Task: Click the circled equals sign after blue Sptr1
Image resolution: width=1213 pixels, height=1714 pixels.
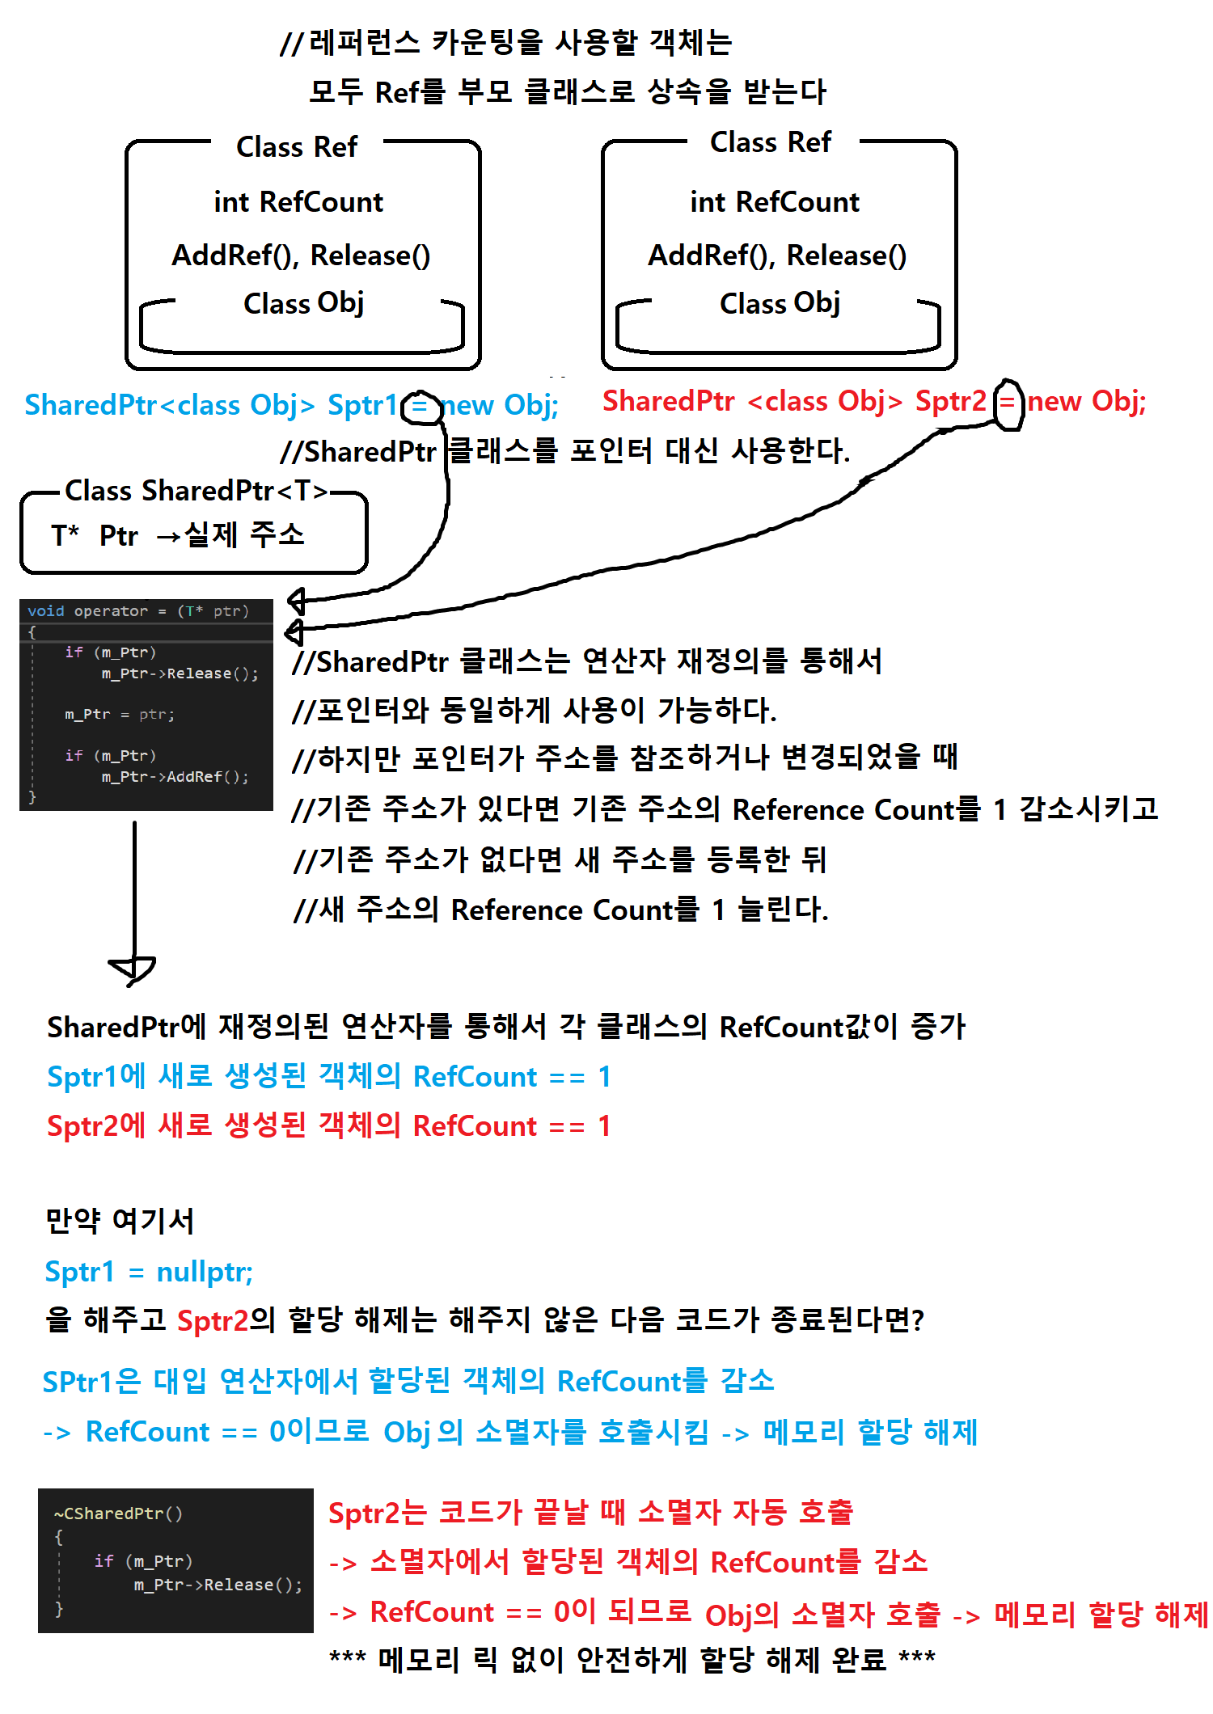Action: [420, 405]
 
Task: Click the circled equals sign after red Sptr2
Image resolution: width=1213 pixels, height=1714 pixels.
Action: [1008, 402]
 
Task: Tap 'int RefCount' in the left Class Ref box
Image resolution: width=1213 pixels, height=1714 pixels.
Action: [298, 202]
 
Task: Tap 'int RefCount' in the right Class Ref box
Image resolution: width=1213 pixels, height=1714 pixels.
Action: [775, 202]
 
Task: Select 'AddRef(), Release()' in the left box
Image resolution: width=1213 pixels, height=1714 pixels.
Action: [301, 255]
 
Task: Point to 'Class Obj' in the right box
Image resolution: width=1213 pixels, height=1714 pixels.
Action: [780, 303]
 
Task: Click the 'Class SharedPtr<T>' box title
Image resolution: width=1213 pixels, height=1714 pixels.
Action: [197, 491]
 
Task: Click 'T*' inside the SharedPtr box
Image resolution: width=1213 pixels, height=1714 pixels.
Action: [65, 535]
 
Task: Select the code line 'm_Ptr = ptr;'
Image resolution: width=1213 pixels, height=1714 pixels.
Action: [120, 715]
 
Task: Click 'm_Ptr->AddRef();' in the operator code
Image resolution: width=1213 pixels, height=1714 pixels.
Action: [175, 777]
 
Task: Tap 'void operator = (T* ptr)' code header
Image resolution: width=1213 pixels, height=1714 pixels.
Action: [137, 611]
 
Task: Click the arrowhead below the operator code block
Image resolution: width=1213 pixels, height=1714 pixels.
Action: [133, 969]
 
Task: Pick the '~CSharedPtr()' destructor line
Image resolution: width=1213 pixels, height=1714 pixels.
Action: [118, 1513]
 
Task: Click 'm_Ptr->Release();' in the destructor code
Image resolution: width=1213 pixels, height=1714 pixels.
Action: [218, 1585]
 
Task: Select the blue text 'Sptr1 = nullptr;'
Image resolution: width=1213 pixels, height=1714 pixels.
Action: [149, 1272]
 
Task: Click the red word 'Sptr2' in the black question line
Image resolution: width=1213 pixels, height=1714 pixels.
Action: [213, 1320]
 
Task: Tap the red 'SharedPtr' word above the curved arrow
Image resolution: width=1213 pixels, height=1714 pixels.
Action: [668, 401]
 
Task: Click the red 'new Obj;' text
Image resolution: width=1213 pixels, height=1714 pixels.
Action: [1086, 401]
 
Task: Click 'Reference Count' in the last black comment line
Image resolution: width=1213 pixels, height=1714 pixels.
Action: [561, 910]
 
